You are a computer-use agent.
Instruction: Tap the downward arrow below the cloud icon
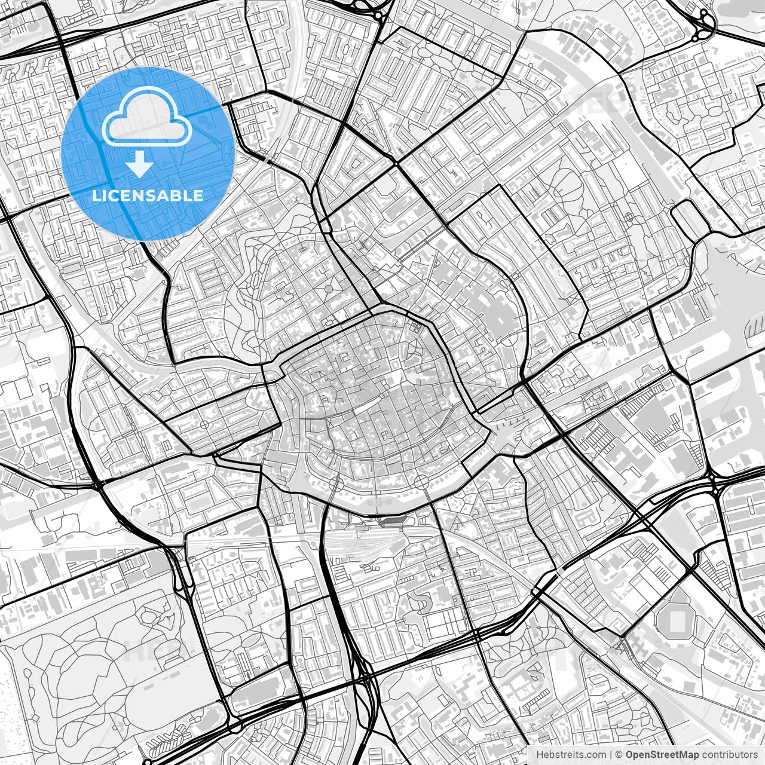click(x=140, y=163)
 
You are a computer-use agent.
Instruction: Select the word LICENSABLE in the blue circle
click(x=147, y=195)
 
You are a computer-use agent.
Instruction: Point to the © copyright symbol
click(x=620, y=755)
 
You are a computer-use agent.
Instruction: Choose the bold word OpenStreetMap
click(x=662, y=755)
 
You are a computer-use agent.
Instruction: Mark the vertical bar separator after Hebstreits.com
click(x=610, y=755)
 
